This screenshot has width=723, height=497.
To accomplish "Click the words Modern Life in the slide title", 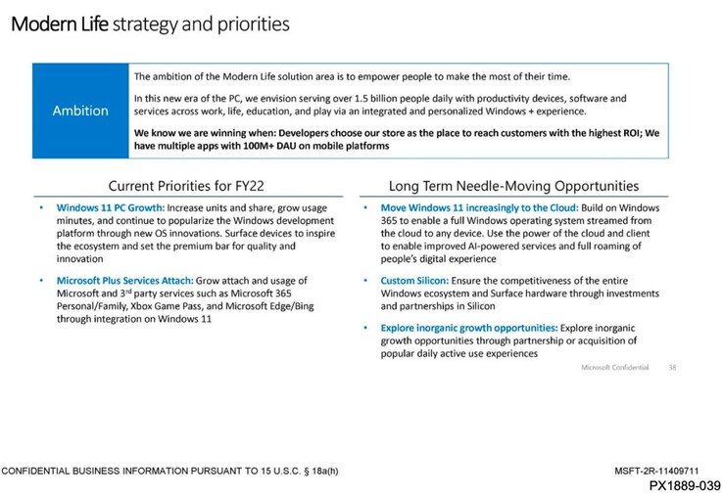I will [59, 23].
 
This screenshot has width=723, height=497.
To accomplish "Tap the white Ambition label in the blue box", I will [80, 111].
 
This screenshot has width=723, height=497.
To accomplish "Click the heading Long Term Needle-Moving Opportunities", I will [513, 185].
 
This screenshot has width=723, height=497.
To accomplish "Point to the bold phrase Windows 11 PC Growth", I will [109, 208].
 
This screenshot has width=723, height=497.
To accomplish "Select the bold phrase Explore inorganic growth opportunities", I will [460, 327].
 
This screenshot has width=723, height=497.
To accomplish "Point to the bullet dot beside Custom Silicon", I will [365, 282].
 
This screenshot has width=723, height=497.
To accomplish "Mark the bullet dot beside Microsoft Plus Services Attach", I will [41, 282].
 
